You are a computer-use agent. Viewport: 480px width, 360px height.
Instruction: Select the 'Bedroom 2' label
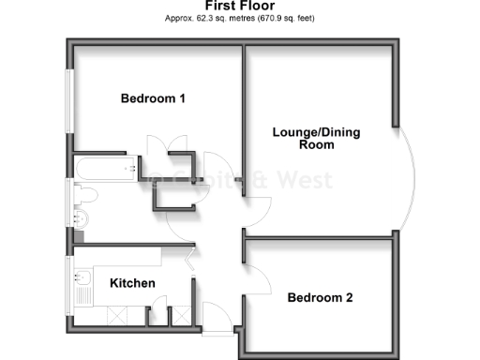[320, 298]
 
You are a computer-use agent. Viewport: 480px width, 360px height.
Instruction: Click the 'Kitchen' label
[133, 283]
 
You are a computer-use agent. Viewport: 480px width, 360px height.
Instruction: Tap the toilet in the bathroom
[85, 194]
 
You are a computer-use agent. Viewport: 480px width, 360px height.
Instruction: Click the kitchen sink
[81, 280]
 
